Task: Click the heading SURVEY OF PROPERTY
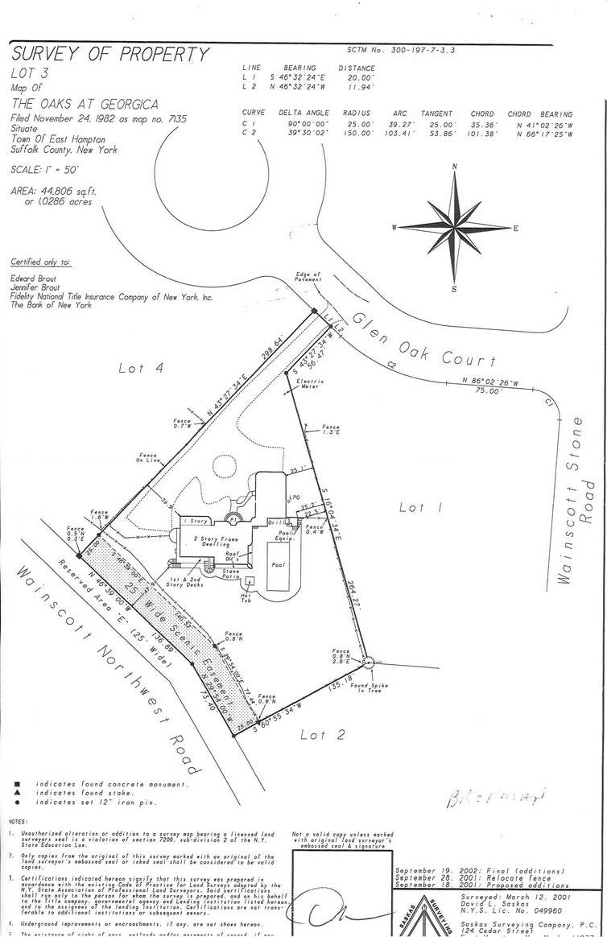(x=110, y=56)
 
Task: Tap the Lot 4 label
(x=141, y=369)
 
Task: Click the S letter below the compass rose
(x=454, y=289)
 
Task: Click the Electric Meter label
(x=309, y=383)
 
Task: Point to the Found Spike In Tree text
(x=374, y=687)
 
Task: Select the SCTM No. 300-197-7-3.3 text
(x=400, y=50)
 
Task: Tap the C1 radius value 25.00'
(x=358, y=124)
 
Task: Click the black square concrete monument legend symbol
(x=16, y=784)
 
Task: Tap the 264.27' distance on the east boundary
(x=352, y=596)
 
